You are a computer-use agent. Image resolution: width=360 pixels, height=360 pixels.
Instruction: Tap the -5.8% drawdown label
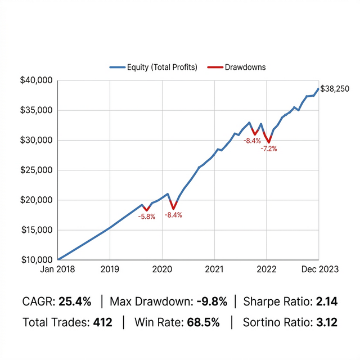pos(147,217)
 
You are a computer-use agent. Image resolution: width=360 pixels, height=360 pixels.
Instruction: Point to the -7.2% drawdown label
pos(269,149)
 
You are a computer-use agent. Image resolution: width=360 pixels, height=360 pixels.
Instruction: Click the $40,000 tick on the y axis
pos(37,80)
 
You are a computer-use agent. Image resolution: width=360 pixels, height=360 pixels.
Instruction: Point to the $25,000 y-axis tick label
pos(37,170)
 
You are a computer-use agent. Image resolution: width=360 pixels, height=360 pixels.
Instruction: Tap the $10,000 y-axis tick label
pos(37,259)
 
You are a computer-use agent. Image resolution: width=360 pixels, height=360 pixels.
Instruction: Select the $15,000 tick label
pos(37,229)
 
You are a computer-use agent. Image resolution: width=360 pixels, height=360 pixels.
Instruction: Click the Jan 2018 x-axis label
pos(58,269)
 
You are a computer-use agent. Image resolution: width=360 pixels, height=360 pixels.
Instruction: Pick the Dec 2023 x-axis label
pos(319,269)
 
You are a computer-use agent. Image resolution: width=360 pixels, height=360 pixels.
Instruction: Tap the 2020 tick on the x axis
pos(162,269)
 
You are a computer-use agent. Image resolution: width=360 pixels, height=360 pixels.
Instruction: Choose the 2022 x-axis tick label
pos(266,269)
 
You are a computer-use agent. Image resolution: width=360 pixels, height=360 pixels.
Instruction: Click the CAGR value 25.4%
pos(75,302)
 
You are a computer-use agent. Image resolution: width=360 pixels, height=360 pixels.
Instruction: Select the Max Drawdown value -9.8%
pos(212,302)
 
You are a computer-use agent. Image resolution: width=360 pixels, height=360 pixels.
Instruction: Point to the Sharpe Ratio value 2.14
pos(326,302)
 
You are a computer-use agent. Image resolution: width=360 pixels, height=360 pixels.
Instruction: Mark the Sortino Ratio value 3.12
pos(326,323)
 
